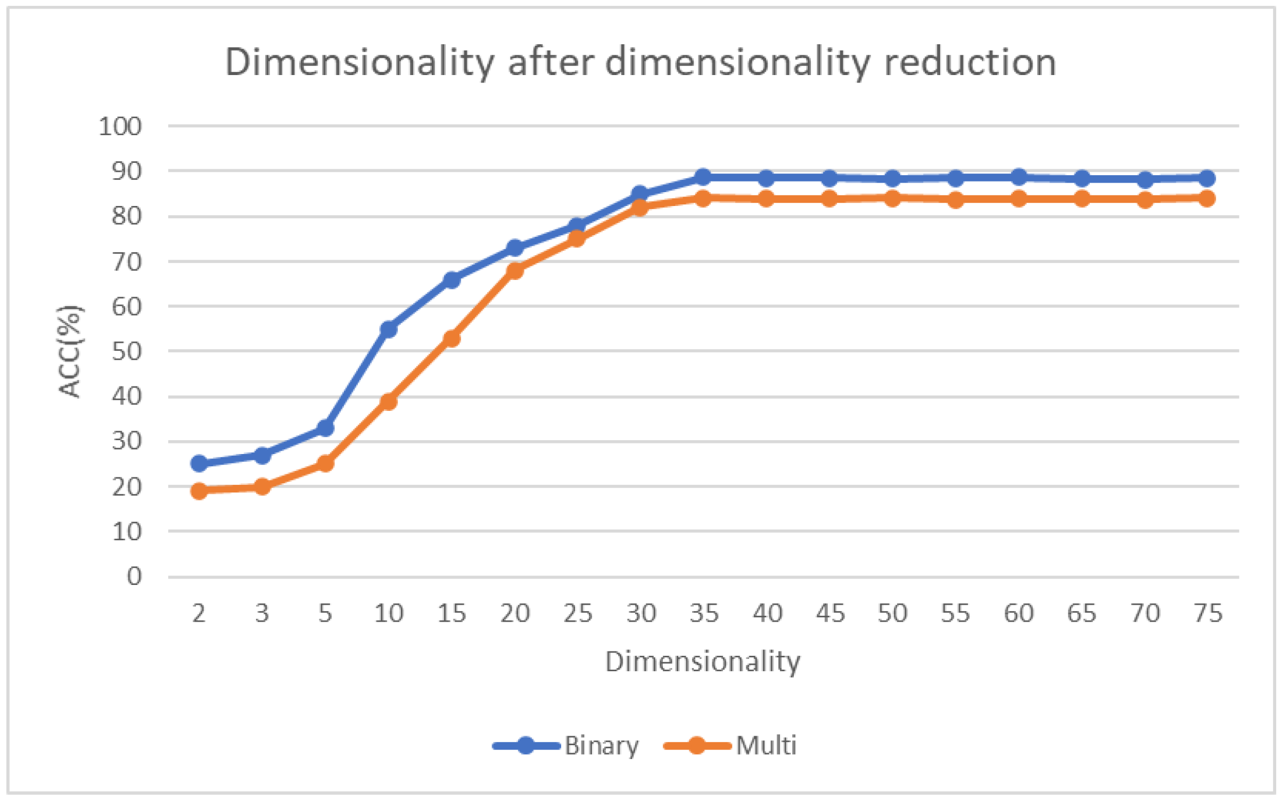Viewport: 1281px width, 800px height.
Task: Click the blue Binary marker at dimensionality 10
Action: tap(389, 329)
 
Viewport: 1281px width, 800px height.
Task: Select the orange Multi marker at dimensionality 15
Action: tap(451, 338)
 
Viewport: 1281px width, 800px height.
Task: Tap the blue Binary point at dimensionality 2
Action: tap(199, 463)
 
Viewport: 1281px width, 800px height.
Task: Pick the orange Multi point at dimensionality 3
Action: tap(262, 486)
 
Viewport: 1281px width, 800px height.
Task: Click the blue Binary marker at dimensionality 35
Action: tap(703, 177)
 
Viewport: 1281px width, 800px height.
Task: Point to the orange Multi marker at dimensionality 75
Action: tap(1208, 199)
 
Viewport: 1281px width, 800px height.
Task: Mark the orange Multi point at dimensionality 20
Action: tap(515, 270)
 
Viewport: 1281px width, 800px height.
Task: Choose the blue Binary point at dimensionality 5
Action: tap(325, 427)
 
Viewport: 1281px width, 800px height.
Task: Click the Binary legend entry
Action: tap(602, 746)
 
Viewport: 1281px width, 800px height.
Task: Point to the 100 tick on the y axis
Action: tap(120, 127)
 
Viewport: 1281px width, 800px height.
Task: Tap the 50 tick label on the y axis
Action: tap(127, 351)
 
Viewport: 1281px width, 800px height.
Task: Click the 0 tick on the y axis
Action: tap(134, 576)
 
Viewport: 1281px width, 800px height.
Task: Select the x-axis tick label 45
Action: tap(830, 614)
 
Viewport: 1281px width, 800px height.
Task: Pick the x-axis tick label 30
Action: tap(641, 614)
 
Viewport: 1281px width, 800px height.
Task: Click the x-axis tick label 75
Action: tap(1208, 614)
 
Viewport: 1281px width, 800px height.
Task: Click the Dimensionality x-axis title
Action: tap(703, 662)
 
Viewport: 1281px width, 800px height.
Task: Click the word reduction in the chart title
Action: tap(970, 62)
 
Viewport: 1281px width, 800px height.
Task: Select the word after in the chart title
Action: tap(551, 62)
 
